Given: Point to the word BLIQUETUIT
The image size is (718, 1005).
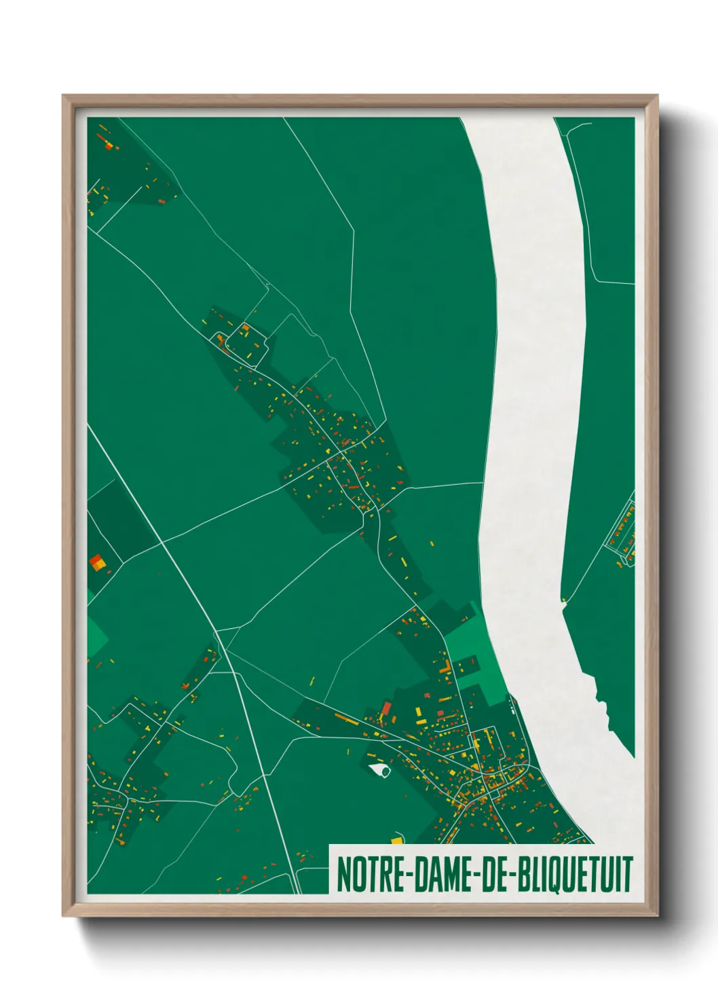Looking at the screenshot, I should tap(574, 875).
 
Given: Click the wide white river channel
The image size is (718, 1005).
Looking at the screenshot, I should tap(536, 407).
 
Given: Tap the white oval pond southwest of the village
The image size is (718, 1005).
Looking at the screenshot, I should tap(380, 769).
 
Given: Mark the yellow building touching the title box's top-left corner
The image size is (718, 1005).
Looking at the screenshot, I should tap(396, 841).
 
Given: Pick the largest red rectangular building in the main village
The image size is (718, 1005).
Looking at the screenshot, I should tap(386, 710).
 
